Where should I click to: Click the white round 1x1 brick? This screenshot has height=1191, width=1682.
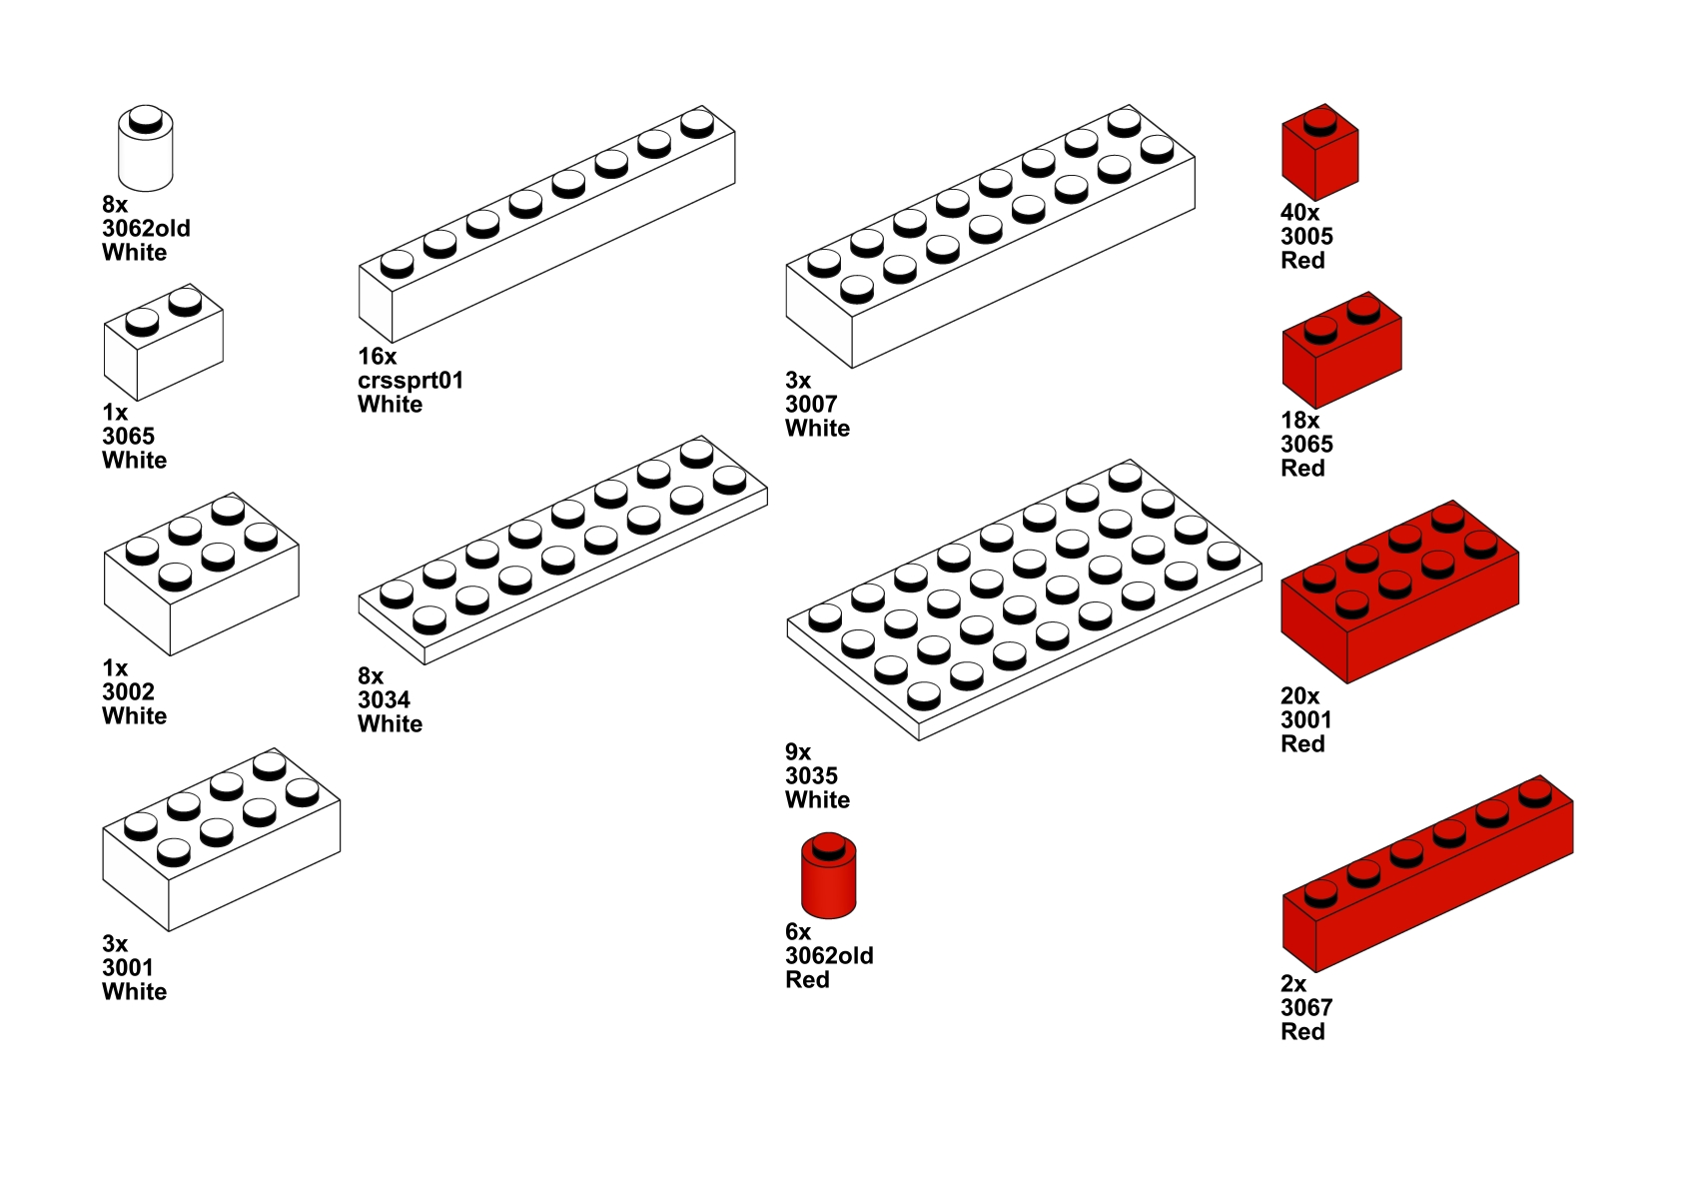146,150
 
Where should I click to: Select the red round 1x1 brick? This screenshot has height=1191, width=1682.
828,878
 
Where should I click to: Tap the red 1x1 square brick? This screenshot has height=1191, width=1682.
1319,155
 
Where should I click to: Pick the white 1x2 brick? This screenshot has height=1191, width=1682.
163,343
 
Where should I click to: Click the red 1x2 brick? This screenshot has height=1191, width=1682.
1341,351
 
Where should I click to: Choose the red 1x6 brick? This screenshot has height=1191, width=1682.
1426,875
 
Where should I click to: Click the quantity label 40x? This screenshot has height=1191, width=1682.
1299,213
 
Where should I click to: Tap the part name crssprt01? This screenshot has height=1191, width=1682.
411,381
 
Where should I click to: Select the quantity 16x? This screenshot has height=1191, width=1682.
377,357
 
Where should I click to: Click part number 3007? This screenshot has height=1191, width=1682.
810,405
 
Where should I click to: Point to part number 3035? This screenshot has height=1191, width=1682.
810,776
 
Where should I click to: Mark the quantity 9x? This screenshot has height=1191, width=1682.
797,752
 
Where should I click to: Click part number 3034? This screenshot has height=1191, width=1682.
384,700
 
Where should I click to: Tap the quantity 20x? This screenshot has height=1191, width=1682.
1299,696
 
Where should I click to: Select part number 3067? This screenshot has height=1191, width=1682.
1305,1008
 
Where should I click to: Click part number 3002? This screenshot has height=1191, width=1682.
128,692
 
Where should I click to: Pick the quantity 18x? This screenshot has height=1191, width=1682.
1299,421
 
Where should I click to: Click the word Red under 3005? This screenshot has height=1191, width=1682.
1302,261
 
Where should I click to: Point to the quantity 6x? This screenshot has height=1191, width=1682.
797,932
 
